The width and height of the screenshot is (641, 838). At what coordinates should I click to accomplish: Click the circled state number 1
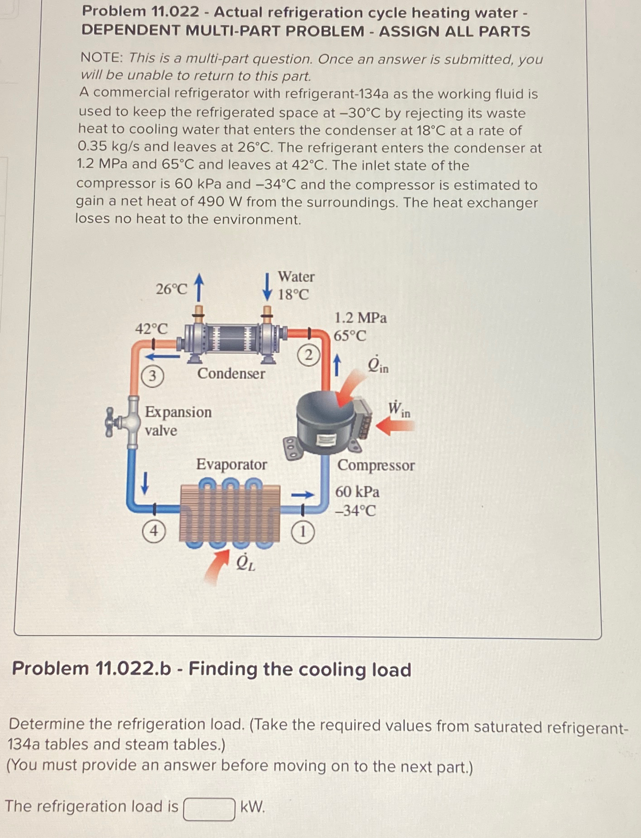click(302, 532)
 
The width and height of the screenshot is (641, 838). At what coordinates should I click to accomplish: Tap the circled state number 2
click(309, 355)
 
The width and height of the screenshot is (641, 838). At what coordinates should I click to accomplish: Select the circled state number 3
click(152, 376)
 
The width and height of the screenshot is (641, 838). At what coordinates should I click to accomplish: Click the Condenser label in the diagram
click(231, 374)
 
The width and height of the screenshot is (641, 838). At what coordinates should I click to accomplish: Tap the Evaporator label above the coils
click(231, 464)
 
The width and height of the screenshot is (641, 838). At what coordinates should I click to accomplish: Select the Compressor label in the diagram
click(376, 465)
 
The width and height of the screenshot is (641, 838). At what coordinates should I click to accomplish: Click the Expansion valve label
click(178, 421)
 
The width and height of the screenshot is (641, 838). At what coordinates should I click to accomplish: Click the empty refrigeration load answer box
click(209, 809)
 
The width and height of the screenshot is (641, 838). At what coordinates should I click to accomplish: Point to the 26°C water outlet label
click(171, 289)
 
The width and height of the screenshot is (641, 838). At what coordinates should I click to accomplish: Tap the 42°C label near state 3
click(151, 329)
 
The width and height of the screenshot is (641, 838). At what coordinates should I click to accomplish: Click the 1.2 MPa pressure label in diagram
click(360, 318)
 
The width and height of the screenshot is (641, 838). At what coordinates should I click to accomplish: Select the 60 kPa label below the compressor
click(357, 492)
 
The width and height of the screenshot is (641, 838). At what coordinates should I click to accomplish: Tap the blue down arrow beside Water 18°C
click(268, 287)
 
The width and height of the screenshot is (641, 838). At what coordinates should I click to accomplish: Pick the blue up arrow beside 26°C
click(198, 286)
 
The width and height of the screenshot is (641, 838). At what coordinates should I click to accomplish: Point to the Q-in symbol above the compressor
click(377, 365)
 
